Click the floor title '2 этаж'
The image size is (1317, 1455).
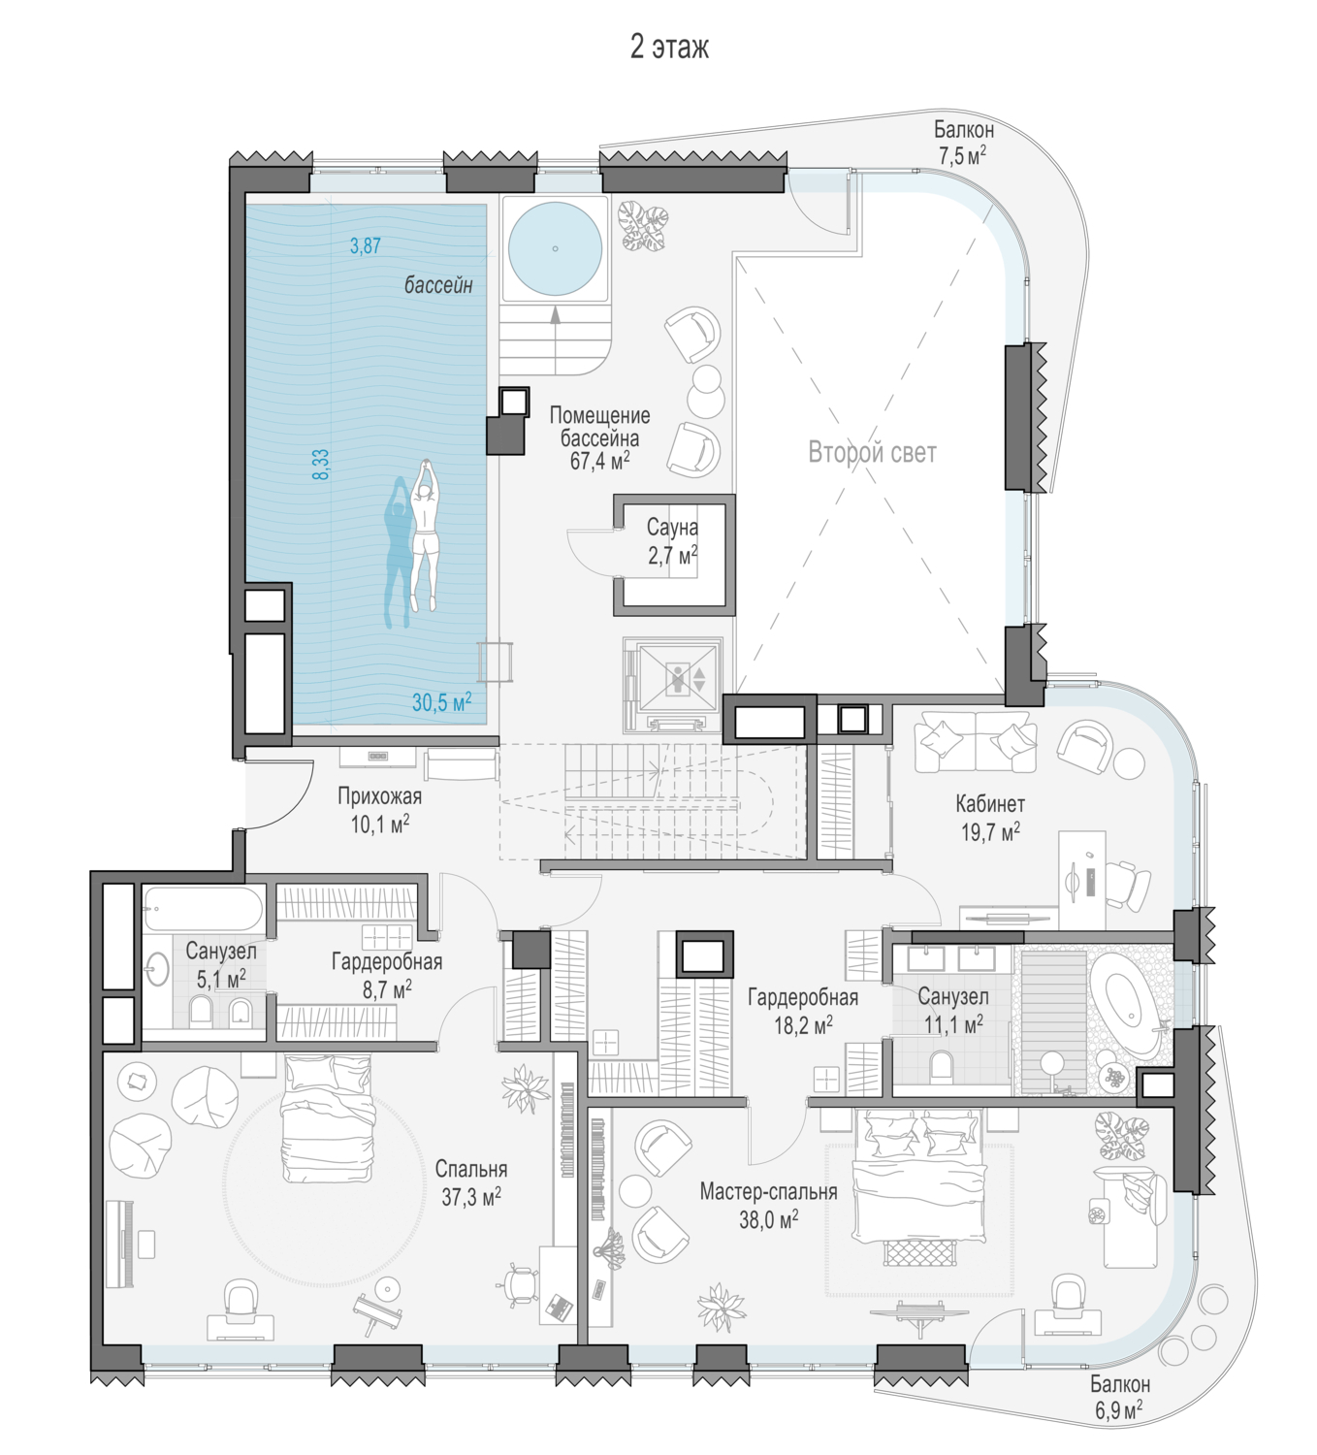tap(668, 48)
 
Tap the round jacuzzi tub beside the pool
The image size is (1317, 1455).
tap(555, 248)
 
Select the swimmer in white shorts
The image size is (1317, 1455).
tap(424, 534)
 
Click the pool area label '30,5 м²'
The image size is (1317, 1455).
tap(441, 701)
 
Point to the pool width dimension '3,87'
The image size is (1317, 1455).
tap(366, 245)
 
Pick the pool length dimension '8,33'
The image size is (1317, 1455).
tap(321, 465)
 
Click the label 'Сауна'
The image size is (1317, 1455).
tap(672, 528)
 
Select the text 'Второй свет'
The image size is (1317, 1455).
tap(873, 453)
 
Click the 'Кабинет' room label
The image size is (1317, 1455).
tap(990, 804)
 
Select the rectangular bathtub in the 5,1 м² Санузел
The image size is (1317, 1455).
tap(203, 908)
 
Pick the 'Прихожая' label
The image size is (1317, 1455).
tap(379, 796)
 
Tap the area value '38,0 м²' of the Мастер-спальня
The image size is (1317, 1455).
tap(769, 1220)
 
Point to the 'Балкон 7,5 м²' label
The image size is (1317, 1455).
tap(963, 143)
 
